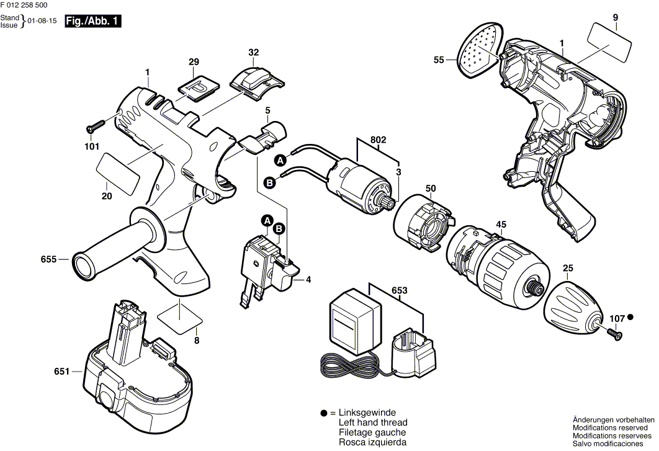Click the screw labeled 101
pyautogui.click(x=99, y=127)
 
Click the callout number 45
pyautogui.click(x=501, y=225)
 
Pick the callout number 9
pyautogui.click(x=615, y=17)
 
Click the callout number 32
pyautogui.click(x=253, y=53)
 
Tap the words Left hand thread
pyautogui.click(x=373, y=422)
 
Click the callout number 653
pyautogui.click(x=400, y=289)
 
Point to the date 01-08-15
pyautogui.click(x=43, y=21)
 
